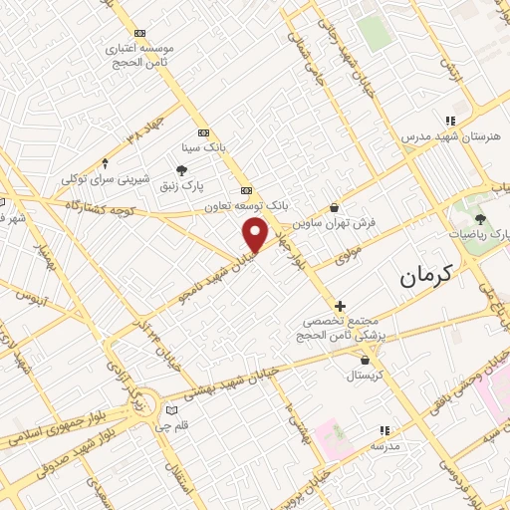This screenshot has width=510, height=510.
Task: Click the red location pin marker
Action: click(256, 234)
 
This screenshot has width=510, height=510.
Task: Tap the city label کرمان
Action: click(424, 276)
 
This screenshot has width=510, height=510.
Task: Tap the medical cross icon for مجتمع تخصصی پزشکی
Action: click(341, 306)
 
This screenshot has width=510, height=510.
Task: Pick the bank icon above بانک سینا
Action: click(204, 131)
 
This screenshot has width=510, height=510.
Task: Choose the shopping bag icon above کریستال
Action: click(369, 360)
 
